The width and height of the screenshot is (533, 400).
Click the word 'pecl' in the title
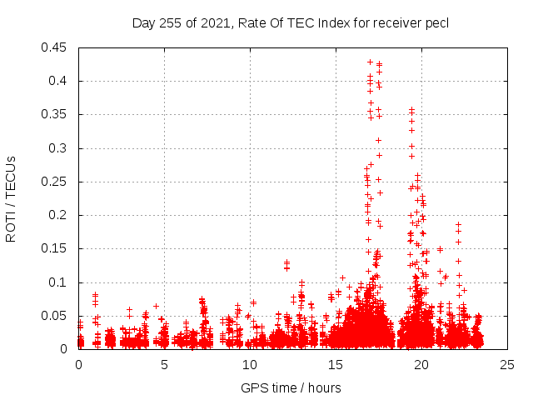pos(437,23)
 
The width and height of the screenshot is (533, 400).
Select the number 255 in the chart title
pos(170,23)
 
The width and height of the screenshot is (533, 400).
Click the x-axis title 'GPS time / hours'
pos(291,387)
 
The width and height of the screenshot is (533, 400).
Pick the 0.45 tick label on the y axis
pos(57,47)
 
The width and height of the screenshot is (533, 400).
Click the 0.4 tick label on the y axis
pos(61,81)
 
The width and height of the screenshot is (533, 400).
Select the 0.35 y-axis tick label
pos(57,114)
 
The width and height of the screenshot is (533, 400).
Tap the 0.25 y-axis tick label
pos(57,182)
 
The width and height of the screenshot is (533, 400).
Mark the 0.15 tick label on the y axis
pos(57,248)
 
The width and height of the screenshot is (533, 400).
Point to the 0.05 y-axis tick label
pos(57,316)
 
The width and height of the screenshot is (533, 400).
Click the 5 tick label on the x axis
pos(164,364)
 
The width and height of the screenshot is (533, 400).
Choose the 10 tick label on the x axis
pos(250,364)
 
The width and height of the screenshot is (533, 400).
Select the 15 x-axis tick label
pos(336,364)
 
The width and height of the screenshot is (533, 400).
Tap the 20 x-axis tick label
pos(421,364)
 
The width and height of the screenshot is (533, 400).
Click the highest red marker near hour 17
pos(370,62)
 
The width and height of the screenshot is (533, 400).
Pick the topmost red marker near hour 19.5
pos(411,109)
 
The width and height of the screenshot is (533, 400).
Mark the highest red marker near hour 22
pos(458,224)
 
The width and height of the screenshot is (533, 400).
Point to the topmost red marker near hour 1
pos(96,294)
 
